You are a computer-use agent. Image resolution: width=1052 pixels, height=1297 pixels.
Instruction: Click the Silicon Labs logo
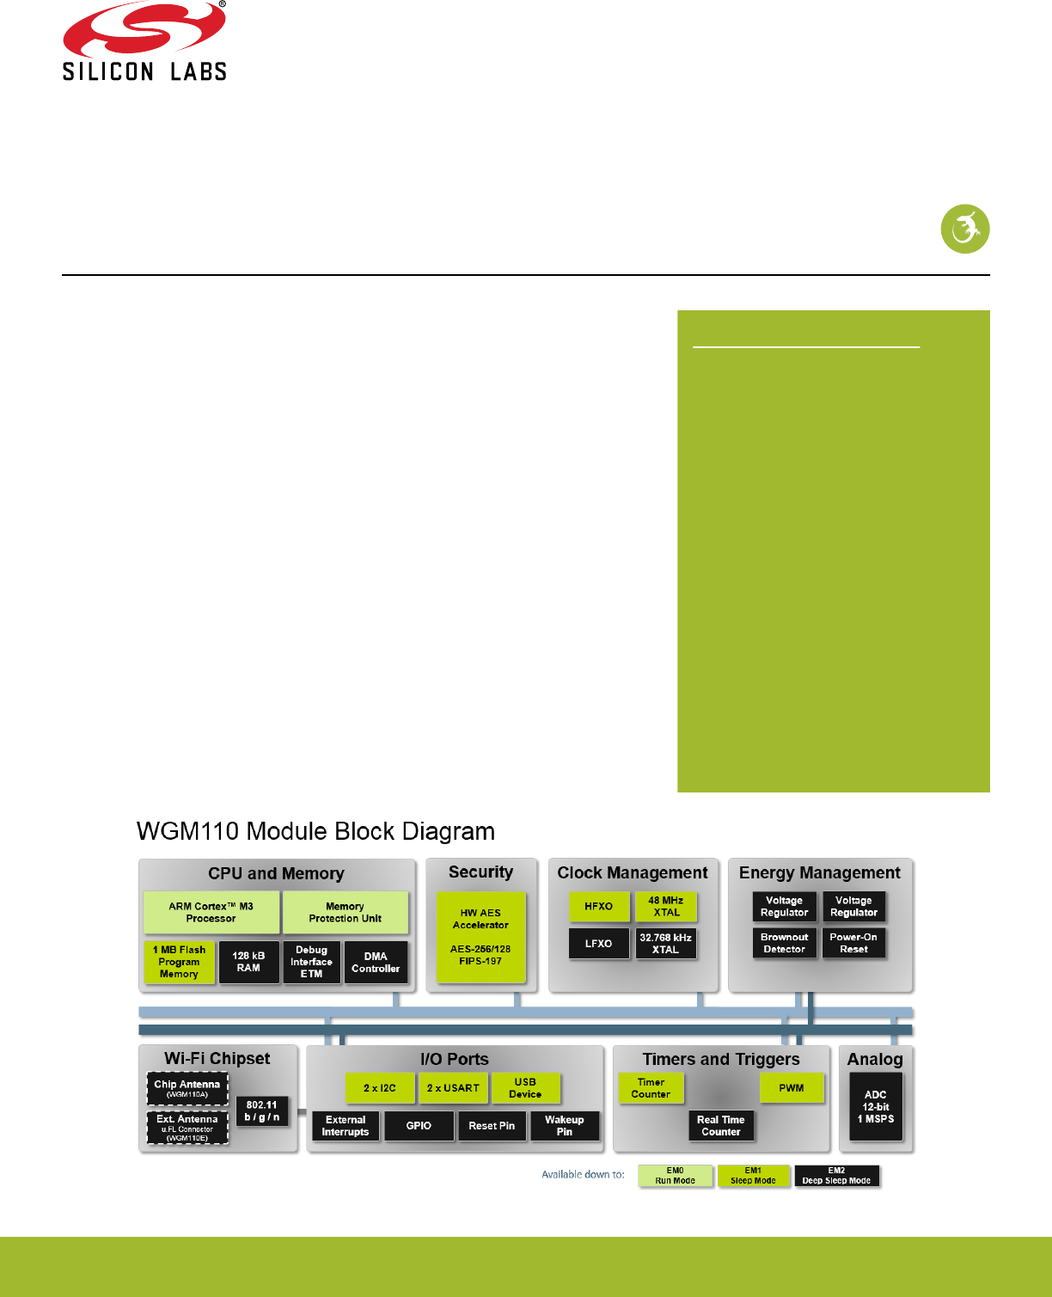pyautogui.click(x=144, y=43)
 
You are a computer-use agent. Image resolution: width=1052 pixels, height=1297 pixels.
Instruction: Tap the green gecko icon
pyautogui.click(x=964, y=229)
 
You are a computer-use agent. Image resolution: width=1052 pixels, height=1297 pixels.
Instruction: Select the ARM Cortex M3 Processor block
pyautogui.click(x=211, y=912)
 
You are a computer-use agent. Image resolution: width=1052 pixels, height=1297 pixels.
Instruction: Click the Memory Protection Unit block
pyautogui.click(x=345, y=912)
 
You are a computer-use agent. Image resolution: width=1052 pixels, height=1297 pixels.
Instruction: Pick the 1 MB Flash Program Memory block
pyautogui.click(x=179, y=962)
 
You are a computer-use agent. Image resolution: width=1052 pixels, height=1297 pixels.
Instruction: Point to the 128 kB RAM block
pyautogui.click(x=248, y=962)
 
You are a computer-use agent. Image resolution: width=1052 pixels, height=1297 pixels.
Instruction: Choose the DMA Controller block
pyautogui.click(x=376, y=962)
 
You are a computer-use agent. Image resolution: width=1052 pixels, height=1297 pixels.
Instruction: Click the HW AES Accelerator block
pyautogui.click(x=480, y=937)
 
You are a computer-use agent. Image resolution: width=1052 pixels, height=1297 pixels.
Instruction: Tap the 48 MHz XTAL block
pyautogui.click(x=666, y=907)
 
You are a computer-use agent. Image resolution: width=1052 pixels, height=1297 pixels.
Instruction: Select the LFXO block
pyautogui.click(x=599, y=943)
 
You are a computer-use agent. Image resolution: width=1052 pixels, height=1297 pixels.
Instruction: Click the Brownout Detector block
pyautogui.click(x=784, y=943)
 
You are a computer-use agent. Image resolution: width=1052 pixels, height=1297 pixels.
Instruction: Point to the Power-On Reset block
pyautogui.click(x=853, y=943)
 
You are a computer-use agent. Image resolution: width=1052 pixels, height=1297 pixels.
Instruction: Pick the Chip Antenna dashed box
pyautogui.click(x=187, y=1088)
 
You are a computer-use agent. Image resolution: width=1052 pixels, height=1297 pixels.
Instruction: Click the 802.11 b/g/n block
pyautogui.click(x=261, y=1110)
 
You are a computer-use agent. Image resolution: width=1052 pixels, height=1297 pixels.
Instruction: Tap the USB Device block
pyautogui.click(x=525, y=1088)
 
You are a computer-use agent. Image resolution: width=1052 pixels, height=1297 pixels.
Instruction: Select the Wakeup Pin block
pyautogui.click(x=564, y=1125)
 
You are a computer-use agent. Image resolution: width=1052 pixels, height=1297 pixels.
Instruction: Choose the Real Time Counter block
pyautogui.click(x=721, y=1125)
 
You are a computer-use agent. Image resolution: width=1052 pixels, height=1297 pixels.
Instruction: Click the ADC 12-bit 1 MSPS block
pyautogui.click(x=876, y=1106)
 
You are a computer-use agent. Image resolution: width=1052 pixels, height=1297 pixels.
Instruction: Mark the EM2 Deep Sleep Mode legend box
pyautogui.click(x=836, y=1176)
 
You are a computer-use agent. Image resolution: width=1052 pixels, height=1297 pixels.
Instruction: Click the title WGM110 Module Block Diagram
pyautogui.click(x=315, y=831)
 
